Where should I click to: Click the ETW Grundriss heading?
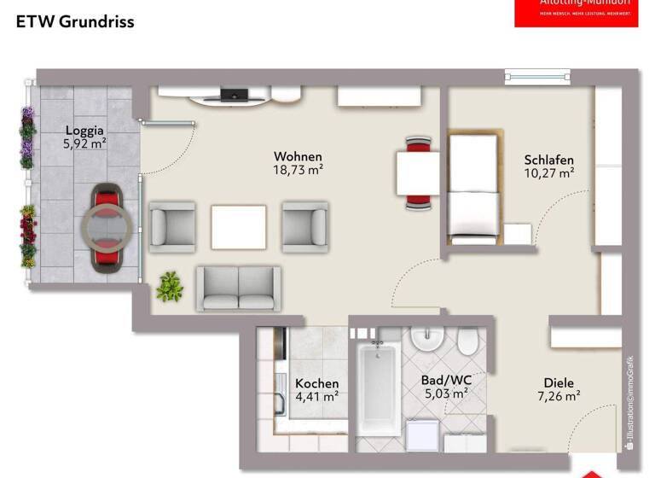pos(75,22)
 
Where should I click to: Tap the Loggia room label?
pos(84,131)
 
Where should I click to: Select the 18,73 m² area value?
pos(299,170)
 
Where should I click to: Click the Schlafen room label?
pos(548,160)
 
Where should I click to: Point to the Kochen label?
pos(316,383)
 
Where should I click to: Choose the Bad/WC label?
pos(445,380)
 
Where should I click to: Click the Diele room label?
pos(559,383)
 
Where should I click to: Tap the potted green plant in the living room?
pos(170,287)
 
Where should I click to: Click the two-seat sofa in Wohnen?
pos(239,288)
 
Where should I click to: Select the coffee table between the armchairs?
pos(238,226)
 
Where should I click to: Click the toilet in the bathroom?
pos(467,343)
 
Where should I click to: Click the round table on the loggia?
pos(107,228)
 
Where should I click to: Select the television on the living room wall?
pos(232,93)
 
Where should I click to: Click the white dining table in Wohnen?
pos(418,172)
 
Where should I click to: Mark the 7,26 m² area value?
pos(559,396)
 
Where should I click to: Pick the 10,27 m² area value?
pos(548,173)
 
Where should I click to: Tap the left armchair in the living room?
pos(172,226)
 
